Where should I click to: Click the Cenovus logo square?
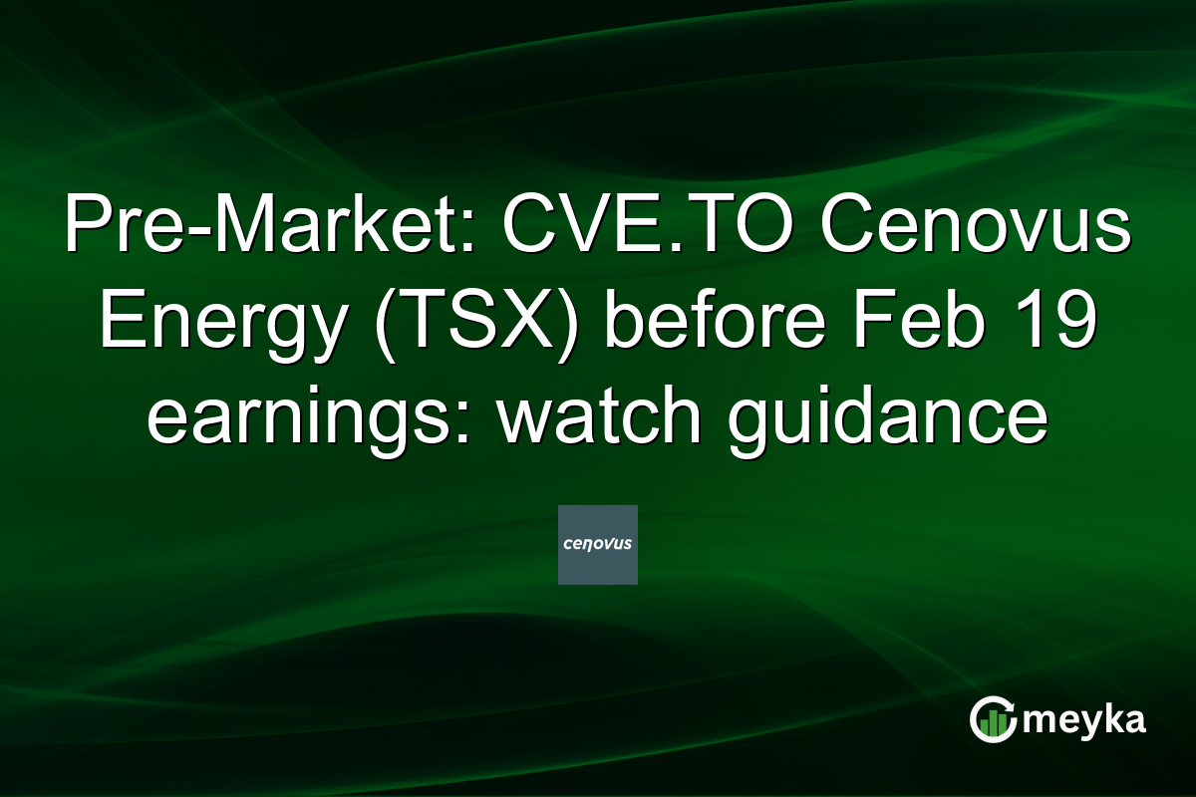(x=598, y=545)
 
